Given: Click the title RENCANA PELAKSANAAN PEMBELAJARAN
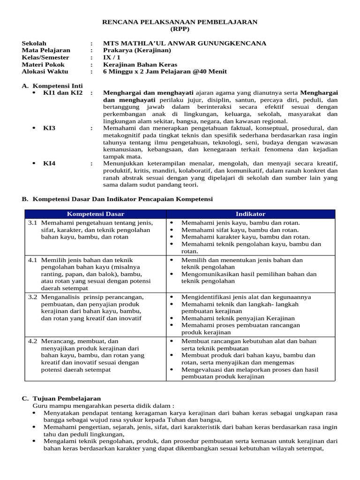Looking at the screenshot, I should click(x=180, y=22).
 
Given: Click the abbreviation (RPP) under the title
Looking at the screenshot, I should click(x=180, y=29).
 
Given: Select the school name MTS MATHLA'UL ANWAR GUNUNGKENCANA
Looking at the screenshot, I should click(x=185, y=44).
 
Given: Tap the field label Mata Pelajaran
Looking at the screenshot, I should click(x=46, y=51).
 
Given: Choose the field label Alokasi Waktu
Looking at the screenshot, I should click(x=45, y=72).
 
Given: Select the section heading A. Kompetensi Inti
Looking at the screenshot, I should click(x=52, y=86).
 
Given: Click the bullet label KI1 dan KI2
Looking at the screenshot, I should click(x=63, y=93).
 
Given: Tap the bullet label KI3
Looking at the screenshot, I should click(x=49, y=128).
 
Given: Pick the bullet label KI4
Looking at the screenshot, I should click(x=49, y=163).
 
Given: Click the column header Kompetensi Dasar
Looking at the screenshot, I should click(x=95, y=214).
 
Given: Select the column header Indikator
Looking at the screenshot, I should click(x=251, y=214).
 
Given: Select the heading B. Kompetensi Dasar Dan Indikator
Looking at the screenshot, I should click(x=118, y=199).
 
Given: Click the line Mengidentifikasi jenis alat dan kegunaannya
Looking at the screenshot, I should click(x=246, y=297).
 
